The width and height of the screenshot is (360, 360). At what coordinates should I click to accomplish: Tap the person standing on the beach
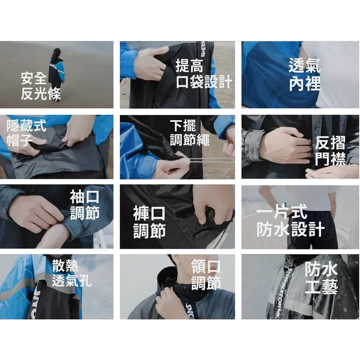pyautogui.click(x=56, y=73)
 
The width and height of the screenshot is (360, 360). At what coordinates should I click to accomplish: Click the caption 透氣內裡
pyautogui.click(x=305, y=74)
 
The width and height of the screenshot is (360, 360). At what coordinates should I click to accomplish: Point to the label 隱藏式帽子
pyautogui.click(x=26, y=133)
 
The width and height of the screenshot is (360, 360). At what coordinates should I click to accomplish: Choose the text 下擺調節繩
pyautogui.click(x=190, y=133)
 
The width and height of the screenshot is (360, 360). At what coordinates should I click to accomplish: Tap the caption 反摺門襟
pyautogui.click(x=330, y=150)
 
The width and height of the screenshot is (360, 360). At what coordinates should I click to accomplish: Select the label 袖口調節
pyautogui.click(x=85, y=205)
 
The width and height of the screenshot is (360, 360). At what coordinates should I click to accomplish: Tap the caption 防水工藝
pyautogui.click(x=321, y=278)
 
